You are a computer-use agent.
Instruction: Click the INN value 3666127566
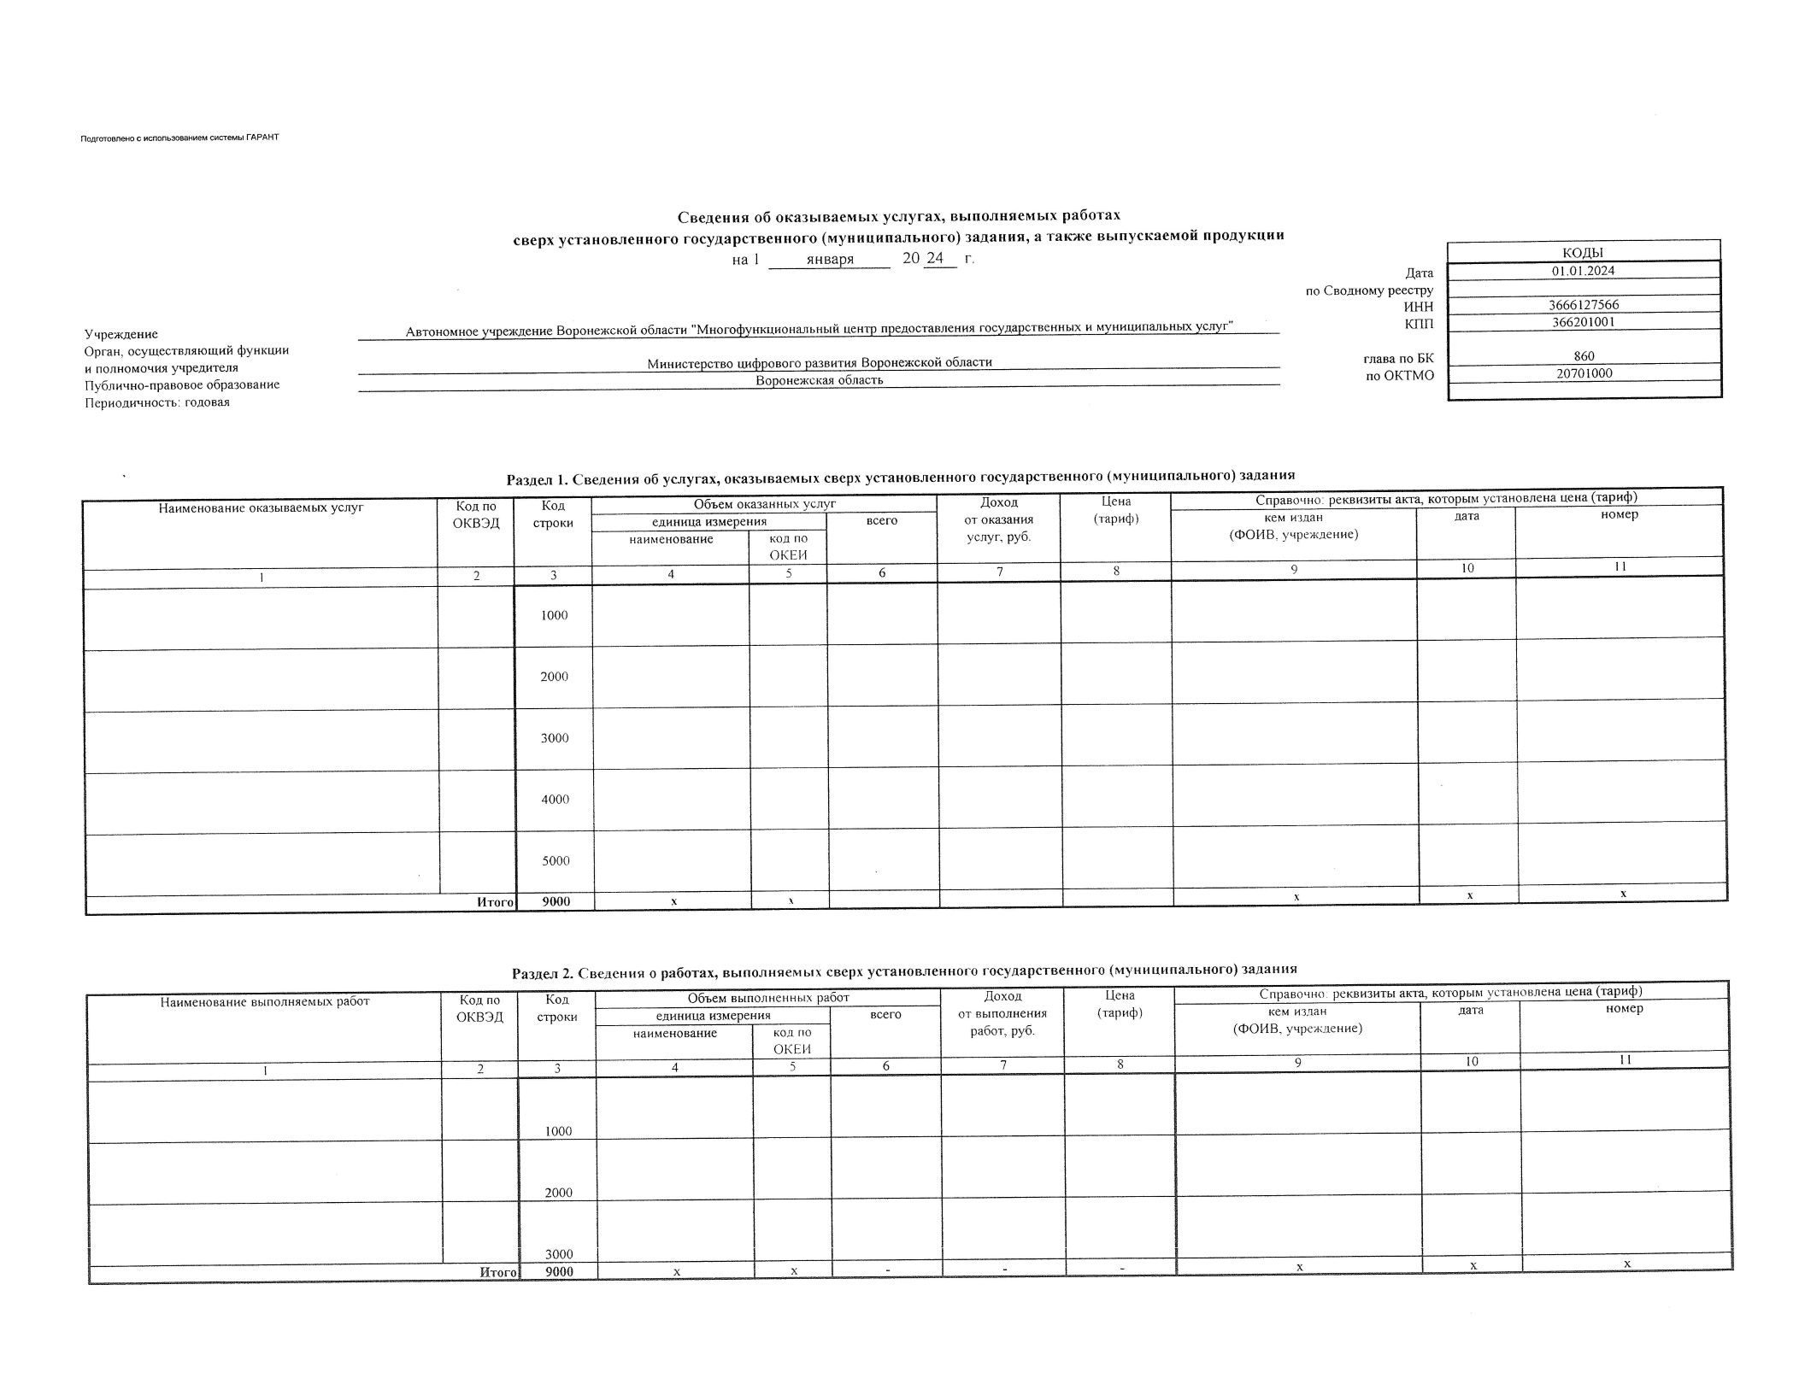[x=1583, y=305]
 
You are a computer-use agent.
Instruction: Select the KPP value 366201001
[x=1583, y=322]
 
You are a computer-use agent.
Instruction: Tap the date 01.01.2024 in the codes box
[x=1583, y=271]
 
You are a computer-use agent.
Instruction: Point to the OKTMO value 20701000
[x=1584, y=372]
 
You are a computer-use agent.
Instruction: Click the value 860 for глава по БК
[x=1583, y=356]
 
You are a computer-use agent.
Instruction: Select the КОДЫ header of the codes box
[x=1583, y=252]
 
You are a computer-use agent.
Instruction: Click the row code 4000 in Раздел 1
[x=555, y=800]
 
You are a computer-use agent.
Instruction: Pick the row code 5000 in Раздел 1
[x=556, y=861]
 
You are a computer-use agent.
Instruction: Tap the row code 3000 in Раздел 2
[x=559, y=1254]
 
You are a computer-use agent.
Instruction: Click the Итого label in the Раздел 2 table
[x=498, y=1272]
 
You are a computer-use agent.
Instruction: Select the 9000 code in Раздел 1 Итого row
[x=556, y=901]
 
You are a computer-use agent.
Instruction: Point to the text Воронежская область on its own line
[x=819, y=380]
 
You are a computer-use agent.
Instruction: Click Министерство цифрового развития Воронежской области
[x=819, y=362]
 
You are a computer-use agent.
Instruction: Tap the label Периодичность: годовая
[x=156, y=402]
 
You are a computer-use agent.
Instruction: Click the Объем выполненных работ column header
[x=768, y=998]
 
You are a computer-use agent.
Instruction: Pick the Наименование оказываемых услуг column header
[x=261, y=507]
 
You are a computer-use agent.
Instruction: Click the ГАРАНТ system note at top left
[x=179, y=138]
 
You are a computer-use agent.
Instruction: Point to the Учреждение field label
[x=121, y=334]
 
